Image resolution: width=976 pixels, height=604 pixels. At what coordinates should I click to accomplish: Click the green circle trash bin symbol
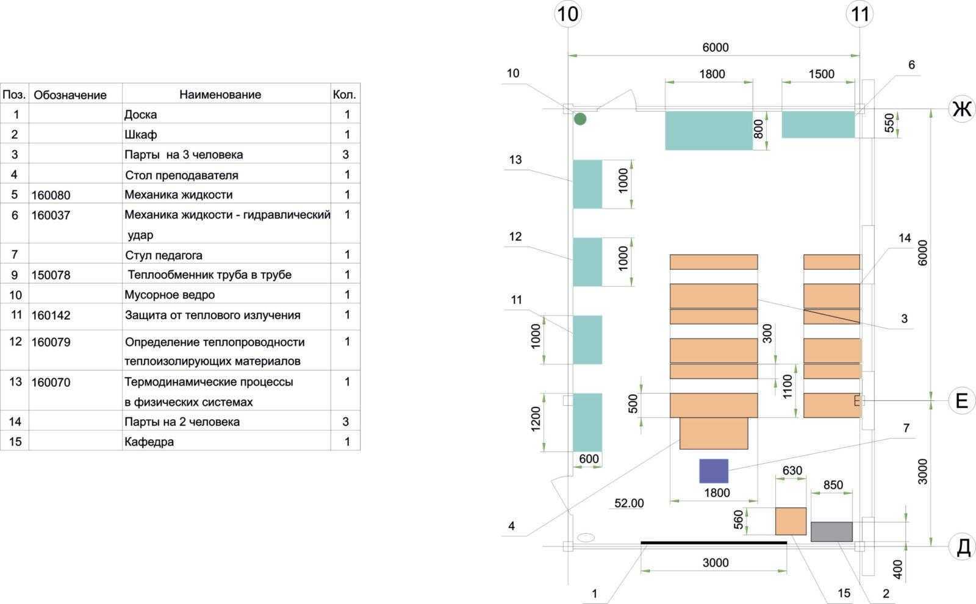(580, 119)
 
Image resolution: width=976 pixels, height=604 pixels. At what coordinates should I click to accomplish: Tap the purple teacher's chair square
(714, 471)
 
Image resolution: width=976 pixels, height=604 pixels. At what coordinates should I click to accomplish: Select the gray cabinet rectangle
(831, 531)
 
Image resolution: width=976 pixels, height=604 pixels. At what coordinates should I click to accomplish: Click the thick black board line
(714, 542)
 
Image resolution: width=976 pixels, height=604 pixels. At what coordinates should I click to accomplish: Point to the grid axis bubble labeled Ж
(962, 109)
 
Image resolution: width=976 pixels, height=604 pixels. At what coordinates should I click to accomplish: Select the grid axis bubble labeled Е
(962, 401)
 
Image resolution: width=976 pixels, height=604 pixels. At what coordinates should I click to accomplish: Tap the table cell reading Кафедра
(149, 442)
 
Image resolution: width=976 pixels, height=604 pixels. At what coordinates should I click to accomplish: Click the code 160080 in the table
(51, 195)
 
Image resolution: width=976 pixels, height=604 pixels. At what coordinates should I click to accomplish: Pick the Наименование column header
(220, 95)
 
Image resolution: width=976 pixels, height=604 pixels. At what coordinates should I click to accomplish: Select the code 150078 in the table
(51, 275)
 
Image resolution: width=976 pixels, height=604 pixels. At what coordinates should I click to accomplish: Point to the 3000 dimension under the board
(715, 563)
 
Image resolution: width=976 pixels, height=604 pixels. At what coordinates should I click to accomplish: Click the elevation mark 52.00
(629, 503)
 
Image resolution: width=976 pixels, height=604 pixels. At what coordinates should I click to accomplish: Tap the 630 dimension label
(792, 471)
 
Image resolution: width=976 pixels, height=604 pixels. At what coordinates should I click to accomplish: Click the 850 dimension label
(833, 485)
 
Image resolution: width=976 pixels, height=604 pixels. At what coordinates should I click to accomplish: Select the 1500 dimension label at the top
(821, 74)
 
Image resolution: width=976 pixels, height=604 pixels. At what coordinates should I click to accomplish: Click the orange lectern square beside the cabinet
(791, 521)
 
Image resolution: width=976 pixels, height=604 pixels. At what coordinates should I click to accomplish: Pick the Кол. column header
(345, 95)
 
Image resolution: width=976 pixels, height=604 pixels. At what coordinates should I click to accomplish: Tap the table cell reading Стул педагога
(163, 255)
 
